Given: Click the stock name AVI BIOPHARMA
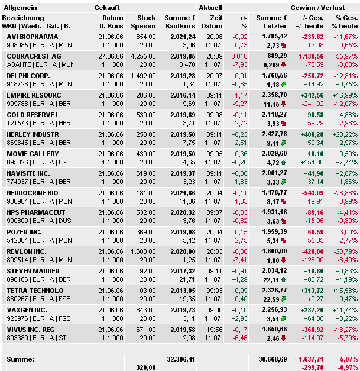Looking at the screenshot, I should [32, 37].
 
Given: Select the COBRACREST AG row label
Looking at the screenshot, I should [34, 56].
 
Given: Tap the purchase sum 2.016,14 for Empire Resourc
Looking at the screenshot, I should [180, 95].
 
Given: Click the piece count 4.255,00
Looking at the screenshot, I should [142, 56].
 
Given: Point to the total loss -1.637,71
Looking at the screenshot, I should [309, 359].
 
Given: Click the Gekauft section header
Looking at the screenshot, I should [106, 7].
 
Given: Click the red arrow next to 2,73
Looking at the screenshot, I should [284, 45].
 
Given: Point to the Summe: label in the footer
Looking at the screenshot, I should [20, 359].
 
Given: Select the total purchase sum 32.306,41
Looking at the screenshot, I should [181, 359].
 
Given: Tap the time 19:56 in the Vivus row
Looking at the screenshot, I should [214, 330].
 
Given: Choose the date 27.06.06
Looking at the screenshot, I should [111, 56].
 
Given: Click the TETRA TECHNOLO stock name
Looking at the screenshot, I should [35, 291].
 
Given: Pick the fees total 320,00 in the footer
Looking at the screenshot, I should [145, 367].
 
